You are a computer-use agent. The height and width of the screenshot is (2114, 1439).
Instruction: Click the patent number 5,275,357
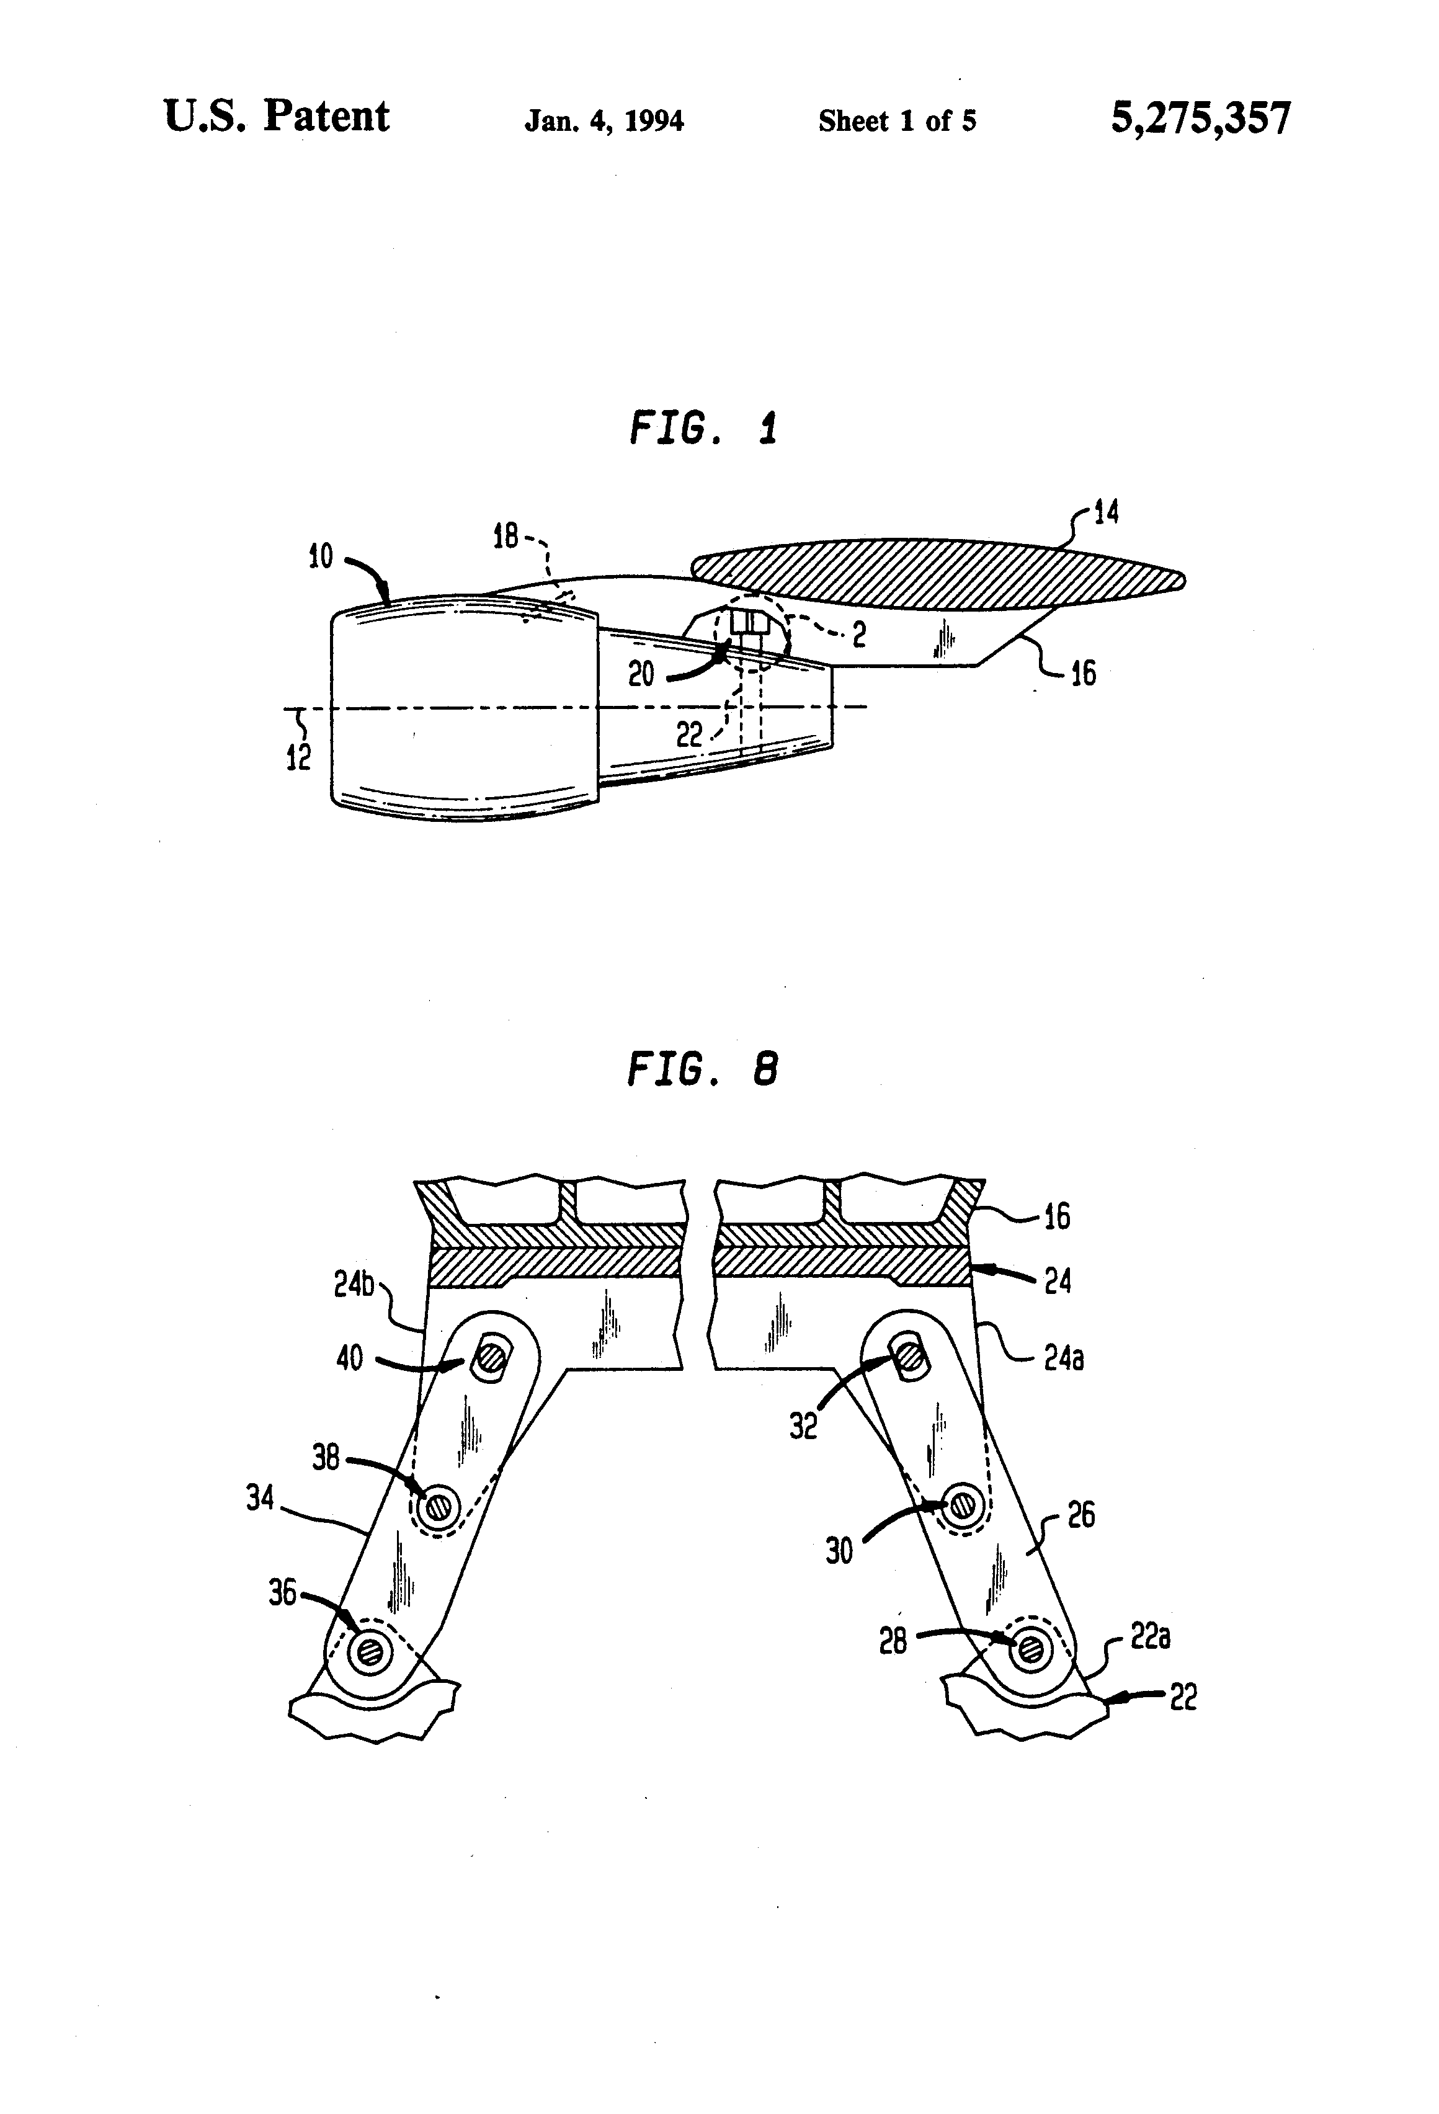click(1199, 118)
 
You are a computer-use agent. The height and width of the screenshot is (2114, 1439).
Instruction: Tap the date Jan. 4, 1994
click(604, 121)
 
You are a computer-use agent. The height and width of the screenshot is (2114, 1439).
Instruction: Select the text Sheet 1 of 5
click(897, 121)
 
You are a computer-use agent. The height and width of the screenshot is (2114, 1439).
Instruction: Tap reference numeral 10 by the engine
click(320, 556)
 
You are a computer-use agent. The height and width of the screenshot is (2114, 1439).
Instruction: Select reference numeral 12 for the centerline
click(298, 756)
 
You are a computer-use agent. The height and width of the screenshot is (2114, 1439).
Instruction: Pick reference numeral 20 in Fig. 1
click(641, 674)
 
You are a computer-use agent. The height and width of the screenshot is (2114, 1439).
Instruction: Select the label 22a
click(1150, 1638)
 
